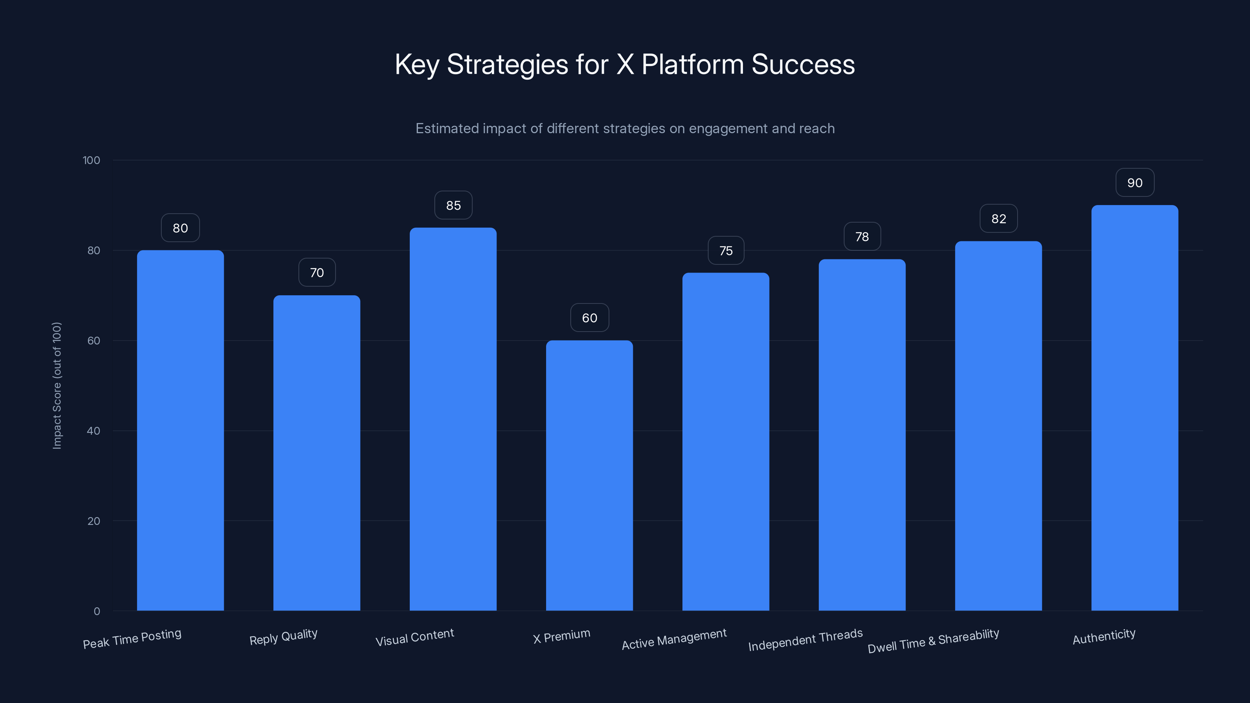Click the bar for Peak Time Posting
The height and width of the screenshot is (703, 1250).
180,430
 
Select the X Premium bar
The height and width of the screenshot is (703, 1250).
589,475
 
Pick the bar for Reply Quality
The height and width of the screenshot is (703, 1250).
316,453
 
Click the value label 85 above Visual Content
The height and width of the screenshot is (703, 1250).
453,205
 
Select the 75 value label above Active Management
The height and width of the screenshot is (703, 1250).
725,250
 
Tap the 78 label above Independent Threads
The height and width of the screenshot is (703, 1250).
862,237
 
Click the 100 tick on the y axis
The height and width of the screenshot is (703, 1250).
91,160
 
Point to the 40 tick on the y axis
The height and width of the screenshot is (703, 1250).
94,431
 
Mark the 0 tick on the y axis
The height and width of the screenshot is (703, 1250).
96,611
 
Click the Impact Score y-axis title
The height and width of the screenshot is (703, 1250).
57,386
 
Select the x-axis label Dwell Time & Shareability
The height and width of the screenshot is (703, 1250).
933,641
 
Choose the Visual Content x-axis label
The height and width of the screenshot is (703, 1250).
415,637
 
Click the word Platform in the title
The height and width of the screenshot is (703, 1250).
693,64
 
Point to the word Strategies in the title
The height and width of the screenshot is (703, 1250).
507,65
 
